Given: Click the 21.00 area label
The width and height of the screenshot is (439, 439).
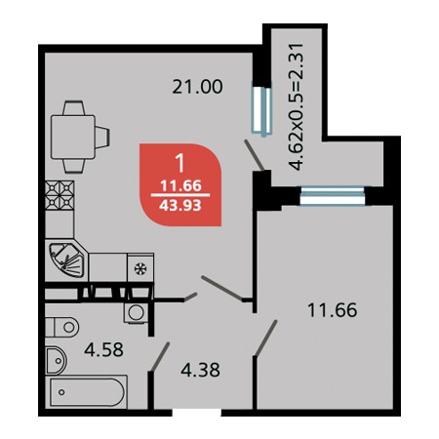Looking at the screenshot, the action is point(197,87).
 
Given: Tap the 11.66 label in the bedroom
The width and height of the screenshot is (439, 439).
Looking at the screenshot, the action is point(332,310).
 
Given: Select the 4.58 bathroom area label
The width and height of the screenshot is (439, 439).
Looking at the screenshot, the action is point(103,350).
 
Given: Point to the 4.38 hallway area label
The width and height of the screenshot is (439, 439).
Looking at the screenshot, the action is point(200,370).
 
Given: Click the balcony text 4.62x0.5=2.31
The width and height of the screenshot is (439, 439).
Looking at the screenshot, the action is point(298,106).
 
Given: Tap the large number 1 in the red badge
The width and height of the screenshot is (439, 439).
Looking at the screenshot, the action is point(180,163).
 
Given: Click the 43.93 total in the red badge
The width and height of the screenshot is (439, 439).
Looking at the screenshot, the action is point(181,205).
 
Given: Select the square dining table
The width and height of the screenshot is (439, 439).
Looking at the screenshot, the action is point(73,137).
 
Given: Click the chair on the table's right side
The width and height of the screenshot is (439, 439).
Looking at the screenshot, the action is point(102,138).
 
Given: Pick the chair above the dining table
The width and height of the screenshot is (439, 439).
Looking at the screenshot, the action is point(74,108).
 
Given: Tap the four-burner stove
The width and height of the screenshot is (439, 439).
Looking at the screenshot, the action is point(60,195).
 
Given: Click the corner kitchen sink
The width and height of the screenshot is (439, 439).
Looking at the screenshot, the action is point(66,259).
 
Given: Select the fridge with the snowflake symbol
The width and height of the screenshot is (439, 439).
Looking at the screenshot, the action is point(140,268).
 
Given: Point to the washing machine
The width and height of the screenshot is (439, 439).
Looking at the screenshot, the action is point(136,313).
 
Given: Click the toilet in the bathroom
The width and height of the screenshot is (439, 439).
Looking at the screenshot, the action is point(61,327).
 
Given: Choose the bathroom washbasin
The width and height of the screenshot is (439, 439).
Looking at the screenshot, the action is point(56,361).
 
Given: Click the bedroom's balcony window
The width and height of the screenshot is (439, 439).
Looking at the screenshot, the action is point(332,196).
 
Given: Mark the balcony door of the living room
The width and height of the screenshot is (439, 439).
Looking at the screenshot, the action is point(261,111).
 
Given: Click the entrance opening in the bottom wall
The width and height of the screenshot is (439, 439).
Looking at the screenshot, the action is point(196,412).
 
